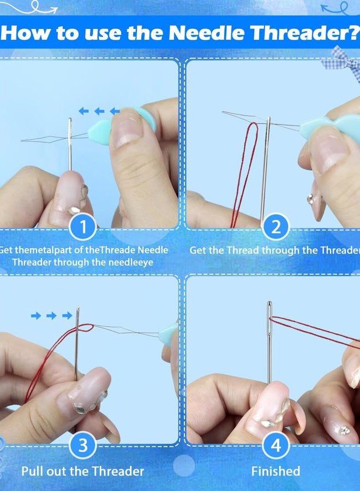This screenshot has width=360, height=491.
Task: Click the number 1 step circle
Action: coord(83,226)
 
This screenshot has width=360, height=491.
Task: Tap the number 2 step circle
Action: coord(275,226)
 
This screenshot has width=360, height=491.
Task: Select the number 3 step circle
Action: coord(83,445)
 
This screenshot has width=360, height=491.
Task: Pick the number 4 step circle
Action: coord(275,445)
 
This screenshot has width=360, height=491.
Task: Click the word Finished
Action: coord(275,471)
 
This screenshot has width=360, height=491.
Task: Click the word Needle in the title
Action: coord(207,33)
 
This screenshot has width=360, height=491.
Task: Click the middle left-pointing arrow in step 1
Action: coord(99,111)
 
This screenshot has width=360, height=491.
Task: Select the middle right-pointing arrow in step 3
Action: coord(52,315)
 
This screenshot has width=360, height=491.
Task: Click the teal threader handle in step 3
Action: coord(168,335)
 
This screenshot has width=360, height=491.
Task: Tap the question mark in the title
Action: coord(355,32)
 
